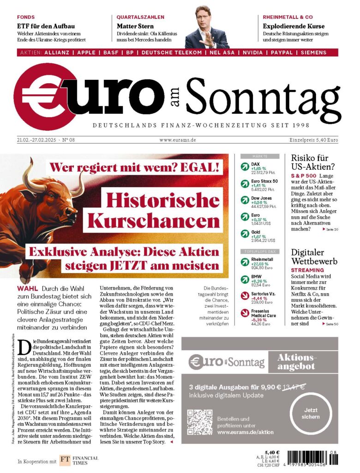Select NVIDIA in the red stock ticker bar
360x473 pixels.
243,53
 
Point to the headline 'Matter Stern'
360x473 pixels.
135,26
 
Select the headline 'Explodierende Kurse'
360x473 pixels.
294,26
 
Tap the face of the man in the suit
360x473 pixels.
204,18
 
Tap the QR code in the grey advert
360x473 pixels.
200,422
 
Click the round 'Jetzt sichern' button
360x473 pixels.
311,413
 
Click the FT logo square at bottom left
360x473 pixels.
65,461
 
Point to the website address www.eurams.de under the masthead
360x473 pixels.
178,140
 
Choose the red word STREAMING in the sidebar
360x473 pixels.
308,270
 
